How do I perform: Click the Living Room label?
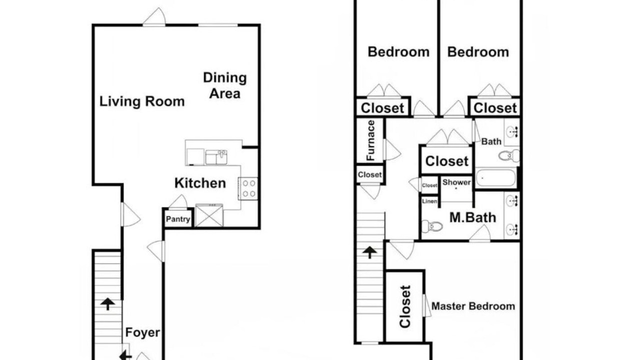[142, 101]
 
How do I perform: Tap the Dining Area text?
[225, 85]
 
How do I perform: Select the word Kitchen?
[200, 183]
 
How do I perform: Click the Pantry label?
[177, 219]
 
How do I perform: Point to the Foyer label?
[142, 332]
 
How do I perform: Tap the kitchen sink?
[216, 157]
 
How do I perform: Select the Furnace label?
[370, 140]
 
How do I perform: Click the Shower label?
[456, 182]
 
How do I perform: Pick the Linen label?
[429, 201]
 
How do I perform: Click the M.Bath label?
[472, 217]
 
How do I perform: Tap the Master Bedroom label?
[473, 306]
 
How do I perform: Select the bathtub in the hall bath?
[495, 177]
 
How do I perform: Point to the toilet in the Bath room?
[509, 155]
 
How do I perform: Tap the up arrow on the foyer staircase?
[107, 304]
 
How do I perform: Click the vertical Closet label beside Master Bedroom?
[405, 306]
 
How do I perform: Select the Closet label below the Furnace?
[369, 174]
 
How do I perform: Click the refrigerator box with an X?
[209, 215]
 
